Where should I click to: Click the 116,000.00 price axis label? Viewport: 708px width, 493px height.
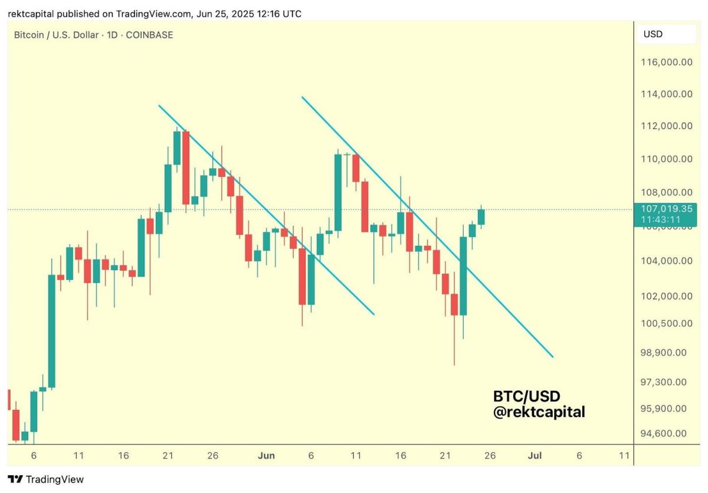point(667,61)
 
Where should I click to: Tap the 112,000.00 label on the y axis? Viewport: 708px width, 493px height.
point(667,126)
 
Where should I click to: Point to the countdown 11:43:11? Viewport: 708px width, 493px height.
point(665,219)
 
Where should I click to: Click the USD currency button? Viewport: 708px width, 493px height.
point(653,34)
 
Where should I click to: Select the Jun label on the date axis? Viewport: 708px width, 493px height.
point(267,455)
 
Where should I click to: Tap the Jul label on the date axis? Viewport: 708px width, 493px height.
point(535,455)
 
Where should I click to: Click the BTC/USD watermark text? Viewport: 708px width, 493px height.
point(526,396)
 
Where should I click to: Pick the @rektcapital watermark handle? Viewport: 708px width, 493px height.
point(539,412)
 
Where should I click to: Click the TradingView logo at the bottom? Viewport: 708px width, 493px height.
point(45,479)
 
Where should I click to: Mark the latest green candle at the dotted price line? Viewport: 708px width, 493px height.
point(481,217)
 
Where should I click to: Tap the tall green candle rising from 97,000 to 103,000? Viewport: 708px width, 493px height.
point(51,330)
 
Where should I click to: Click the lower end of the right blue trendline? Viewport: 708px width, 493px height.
point(552,356)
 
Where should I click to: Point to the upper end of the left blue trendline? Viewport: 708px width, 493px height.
point(159,106)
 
